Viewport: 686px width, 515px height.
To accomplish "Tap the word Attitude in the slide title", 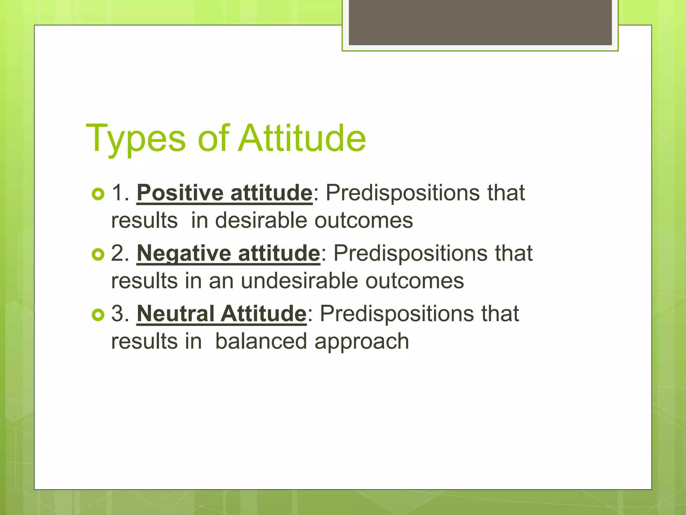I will [x=302, y=138].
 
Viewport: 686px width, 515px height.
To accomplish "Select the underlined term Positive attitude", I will [x=224, y=193].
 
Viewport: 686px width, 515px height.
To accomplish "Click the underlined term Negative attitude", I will [x=228, y=253].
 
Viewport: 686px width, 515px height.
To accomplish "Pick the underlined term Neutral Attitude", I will [x=221, y=314].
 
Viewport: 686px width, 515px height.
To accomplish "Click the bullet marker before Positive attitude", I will [x=98, y=194].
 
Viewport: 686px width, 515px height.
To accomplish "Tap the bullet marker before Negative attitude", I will [x=98, y=254].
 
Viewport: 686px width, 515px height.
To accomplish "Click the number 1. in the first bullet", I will [x=120, y=193].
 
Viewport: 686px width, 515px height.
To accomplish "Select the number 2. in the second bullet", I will [x=120, y=253].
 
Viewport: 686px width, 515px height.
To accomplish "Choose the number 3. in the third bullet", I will [x=120, y=314].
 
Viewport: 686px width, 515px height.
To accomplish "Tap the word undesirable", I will [x=299, y=281].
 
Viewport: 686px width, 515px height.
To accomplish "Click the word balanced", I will [x=261, y=341].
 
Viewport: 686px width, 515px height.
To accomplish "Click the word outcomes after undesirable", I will [x=414, y=281].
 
